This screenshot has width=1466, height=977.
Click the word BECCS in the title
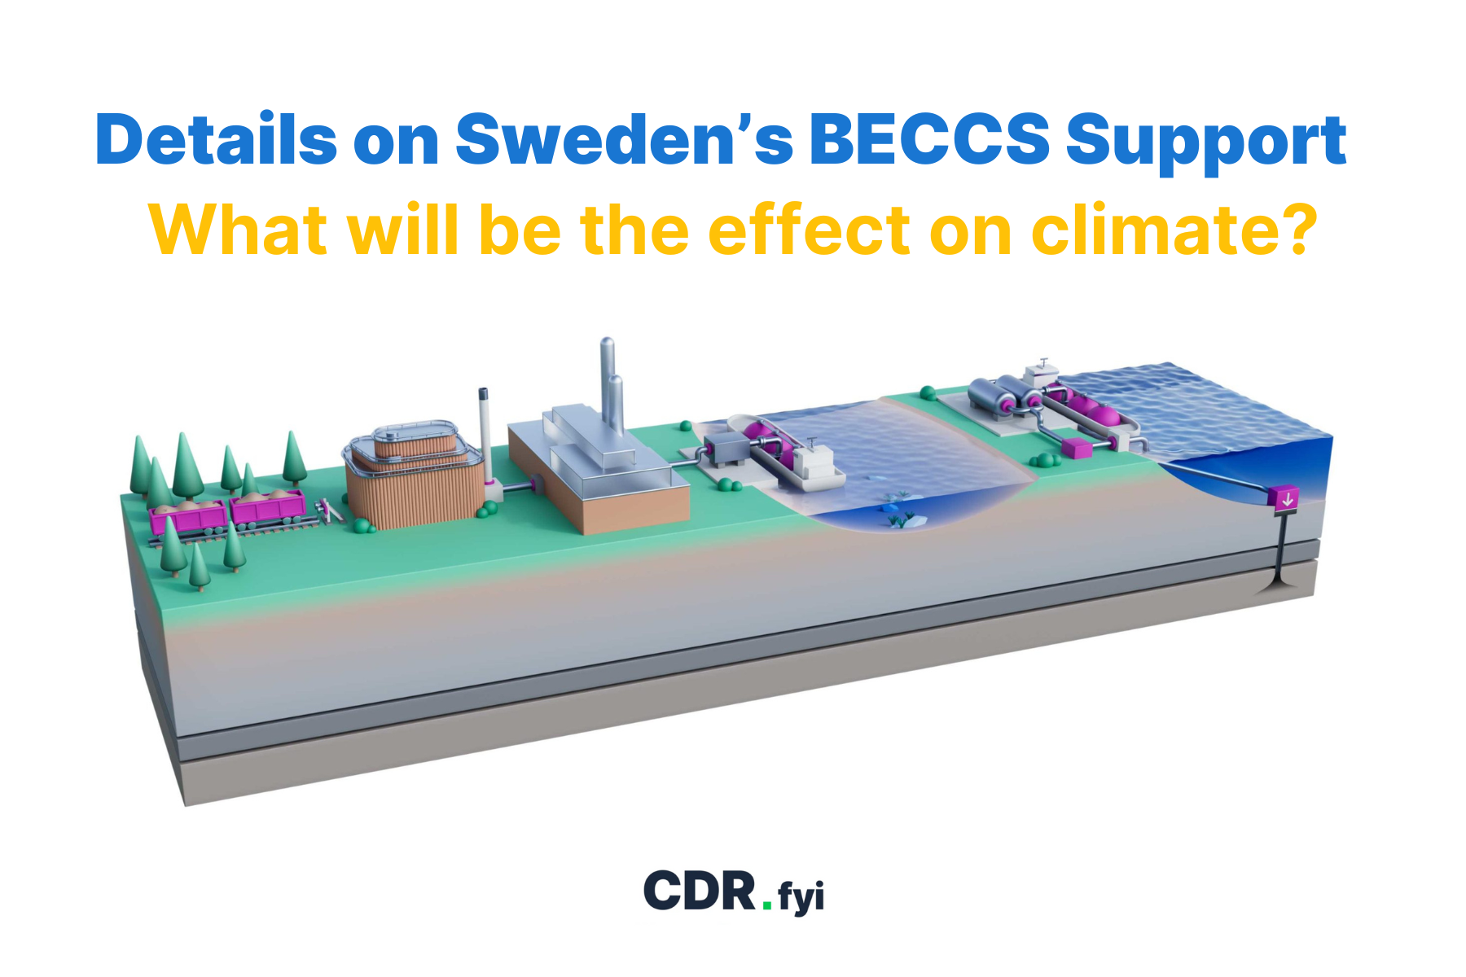click(928, 140)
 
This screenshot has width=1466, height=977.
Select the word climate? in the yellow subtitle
click(1174, 230)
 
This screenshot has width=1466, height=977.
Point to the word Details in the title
click(216, 140)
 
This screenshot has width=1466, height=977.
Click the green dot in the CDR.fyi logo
click(767, 905)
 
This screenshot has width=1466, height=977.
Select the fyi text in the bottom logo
click(801, 896)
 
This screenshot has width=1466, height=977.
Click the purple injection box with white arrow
click(1286, 498)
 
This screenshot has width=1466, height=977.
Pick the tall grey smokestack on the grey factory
click(608, 379)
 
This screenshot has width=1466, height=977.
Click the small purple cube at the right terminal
click(1076, 448)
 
